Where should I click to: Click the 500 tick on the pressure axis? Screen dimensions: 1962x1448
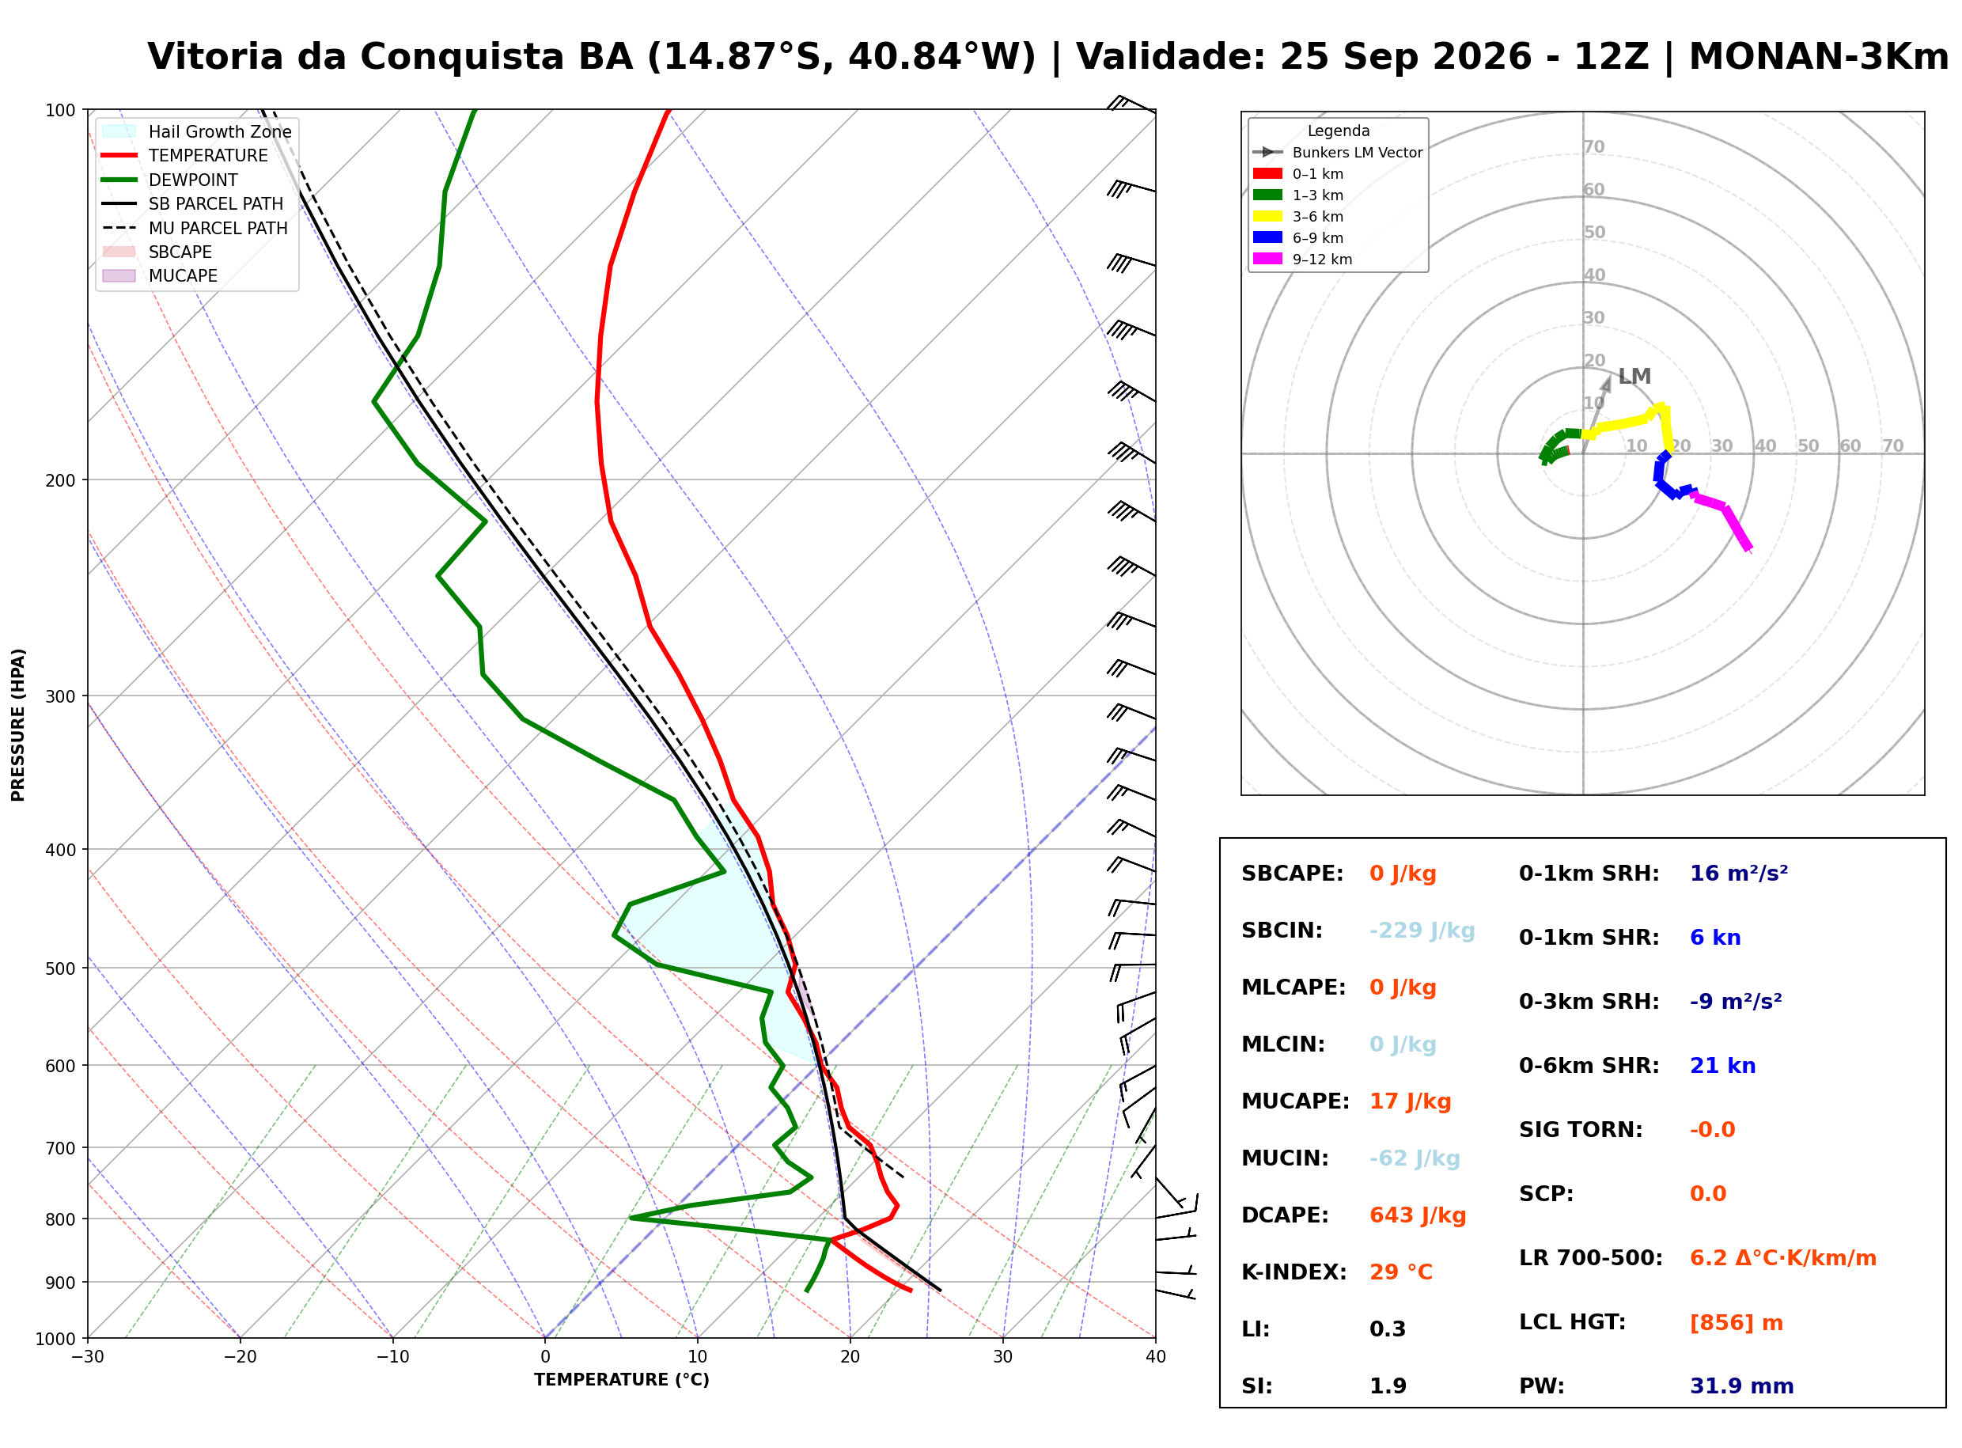coord(60,968)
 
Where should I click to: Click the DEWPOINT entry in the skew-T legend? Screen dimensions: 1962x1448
coord(193,180)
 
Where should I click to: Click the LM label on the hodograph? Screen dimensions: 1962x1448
coord(1634,377)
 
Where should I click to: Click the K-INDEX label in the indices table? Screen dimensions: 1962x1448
coord(1293,1272)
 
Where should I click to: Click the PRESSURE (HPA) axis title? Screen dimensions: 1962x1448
coord(18,725)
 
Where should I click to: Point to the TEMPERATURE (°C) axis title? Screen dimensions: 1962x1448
coord(621,1380)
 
